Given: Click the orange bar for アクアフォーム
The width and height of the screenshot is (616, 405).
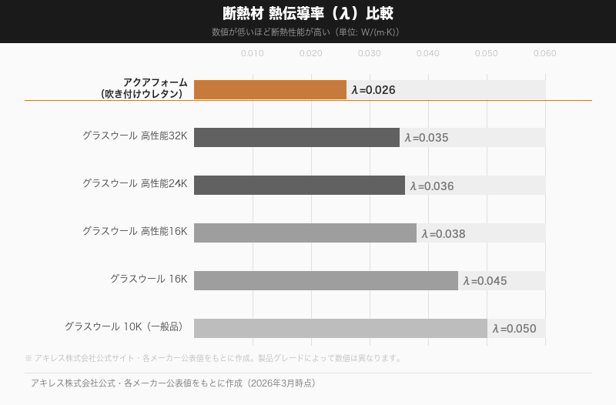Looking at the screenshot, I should [x=269, y=89].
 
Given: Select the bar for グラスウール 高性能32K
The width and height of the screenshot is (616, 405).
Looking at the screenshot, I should [x=296, y=137].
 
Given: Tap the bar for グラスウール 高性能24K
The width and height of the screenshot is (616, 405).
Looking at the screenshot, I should [x=299, y=185].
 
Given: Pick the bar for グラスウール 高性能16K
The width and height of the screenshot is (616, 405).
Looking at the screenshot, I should [x=305, y=233].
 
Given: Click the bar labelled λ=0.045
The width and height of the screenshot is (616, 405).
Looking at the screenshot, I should [x=326, y=280].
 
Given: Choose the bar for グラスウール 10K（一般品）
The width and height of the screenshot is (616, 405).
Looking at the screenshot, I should [x=340, y=328].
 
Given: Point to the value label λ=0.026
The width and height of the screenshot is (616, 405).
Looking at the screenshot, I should [x=373, y=90].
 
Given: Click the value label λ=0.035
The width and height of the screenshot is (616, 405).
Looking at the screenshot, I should [x=426, y=138].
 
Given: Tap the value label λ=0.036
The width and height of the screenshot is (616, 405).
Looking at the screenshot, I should [x=431, y=186].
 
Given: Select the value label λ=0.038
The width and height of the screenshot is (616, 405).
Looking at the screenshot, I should [x=444, y=233].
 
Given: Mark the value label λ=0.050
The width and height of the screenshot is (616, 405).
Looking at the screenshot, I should [x=514, y=329].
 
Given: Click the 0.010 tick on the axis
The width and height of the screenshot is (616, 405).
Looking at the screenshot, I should [x=253, y=53].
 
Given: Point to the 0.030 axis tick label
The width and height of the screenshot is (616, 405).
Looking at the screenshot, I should [x=370, y=53].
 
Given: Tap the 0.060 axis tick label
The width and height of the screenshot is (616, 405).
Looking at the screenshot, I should [x=545, y=53].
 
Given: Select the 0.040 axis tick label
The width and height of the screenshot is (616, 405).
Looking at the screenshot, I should [x=428, y=53].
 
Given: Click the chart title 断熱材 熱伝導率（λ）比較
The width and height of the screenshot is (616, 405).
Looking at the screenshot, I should [x=308, y=14].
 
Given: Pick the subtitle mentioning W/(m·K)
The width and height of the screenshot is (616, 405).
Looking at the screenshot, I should [x=308, y=32].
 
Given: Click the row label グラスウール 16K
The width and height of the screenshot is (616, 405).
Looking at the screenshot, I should [x=149, y=279].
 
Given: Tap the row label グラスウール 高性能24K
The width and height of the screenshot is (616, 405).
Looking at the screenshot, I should [x=135, y=183].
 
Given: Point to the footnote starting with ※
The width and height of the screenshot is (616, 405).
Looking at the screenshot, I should [x=213, y=358].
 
